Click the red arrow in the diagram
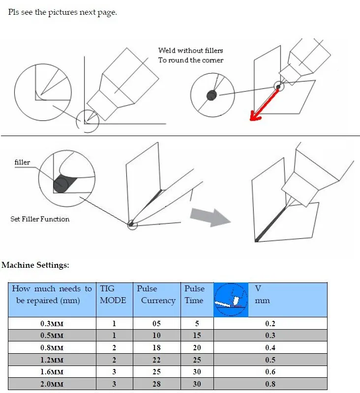tap(265, 104)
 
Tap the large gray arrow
tap(210, 216)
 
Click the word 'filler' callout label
tap(23, 162)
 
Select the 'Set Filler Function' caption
tap(40, 219)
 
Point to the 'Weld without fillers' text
tap(190, 51)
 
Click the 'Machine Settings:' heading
tap(35, 265)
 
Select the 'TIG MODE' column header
tap(113, 294)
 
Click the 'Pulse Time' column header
tap(194, 294)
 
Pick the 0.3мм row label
tap(52, 323)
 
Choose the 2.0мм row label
tap(52, 384)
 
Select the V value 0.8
tap(270, 384)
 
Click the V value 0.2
tap(270, 323)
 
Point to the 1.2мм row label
tap(52, 360)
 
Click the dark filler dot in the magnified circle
tap(60, 184)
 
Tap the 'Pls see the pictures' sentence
tap(62, 12)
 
